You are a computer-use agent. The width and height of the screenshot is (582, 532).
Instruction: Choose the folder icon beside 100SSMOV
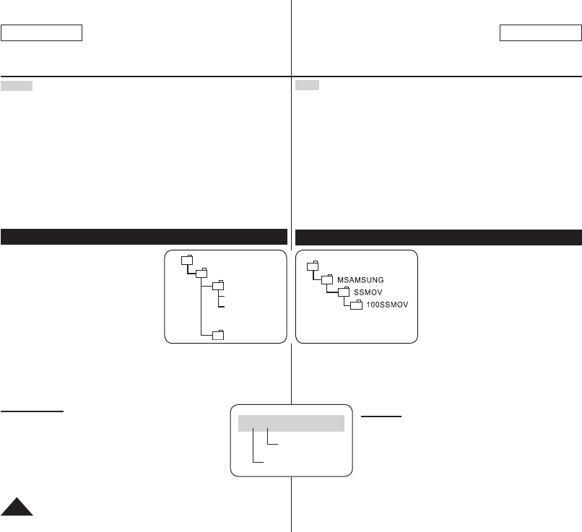pos(355,306)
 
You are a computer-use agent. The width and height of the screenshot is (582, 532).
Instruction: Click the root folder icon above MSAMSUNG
pos(313,265)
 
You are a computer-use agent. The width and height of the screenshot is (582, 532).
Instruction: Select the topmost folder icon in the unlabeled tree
pos(186,260)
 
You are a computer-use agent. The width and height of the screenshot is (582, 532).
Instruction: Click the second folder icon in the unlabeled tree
pos(201,273)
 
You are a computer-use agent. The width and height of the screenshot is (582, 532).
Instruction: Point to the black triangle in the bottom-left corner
pos(17,506)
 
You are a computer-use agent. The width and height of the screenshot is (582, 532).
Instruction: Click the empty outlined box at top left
pos(42,33)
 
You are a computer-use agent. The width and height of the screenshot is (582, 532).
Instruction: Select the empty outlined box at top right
pos(540,33)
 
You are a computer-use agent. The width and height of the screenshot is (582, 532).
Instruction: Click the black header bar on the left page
pos(144,237)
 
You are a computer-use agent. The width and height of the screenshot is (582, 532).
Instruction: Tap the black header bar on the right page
pos(438,237)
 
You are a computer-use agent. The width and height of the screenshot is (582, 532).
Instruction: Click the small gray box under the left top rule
pos(17,86)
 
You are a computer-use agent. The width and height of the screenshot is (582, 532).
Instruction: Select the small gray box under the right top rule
pos(308,86)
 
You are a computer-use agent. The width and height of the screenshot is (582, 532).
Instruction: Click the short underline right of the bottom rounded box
pos(381,417)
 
